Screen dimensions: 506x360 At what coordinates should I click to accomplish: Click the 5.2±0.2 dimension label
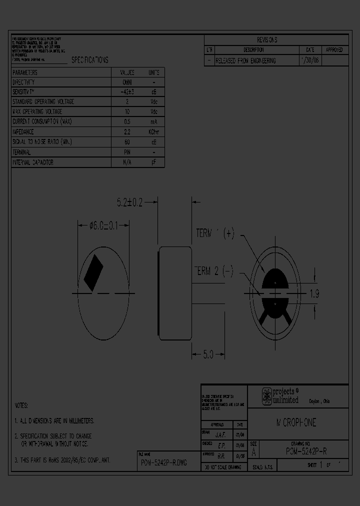coord(129,202)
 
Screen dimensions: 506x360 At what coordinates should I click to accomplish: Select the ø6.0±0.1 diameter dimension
coord(103,225)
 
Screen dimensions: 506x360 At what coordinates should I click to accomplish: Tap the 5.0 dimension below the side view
coord(208,354)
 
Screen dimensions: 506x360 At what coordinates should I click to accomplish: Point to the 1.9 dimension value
coord(314,294)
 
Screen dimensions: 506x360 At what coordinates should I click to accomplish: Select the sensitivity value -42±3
coord(127,92)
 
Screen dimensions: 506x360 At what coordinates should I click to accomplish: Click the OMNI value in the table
coord(127,82)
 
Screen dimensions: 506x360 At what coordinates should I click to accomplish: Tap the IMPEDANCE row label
coord(23,132)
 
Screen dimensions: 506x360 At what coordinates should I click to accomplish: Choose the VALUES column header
coord(127,72)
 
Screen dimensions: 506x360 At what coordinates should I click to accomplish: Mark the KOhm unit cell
coord(154,132)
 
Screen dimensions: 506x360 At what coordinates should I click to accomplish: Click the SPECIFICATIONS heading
coord(89,60)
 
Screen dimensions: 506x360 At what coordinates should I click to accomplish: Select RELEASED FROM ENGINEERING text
coord(245,60)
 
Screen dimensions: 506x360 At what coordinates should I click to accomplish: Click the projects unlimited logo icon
coord(267,396)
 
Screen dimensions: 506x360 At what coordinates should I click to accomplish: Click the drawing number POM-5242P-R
coord(306,451)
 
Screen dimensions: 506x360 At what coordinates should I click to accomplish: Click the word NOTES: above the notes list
coord(21,405)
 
